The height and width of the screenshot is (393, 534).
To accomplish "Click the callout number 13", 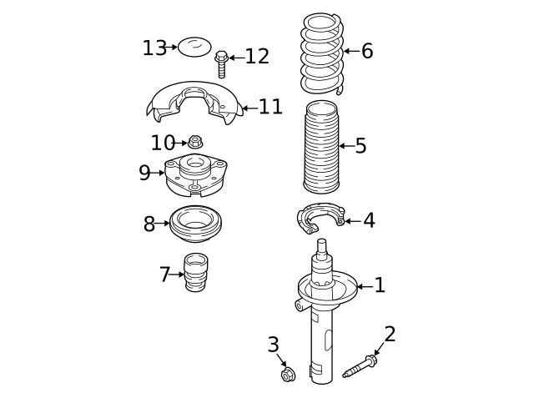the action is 154,48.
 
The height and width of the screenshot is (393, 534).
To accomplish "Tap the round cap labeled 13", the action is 194,47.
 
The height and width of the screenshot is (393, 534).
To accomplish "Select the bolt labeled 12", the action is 221,64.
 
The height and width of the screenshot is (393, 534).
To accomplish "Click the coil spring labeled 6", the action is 322,53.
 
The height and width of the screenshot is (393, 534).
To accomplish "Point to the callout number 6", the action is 367,51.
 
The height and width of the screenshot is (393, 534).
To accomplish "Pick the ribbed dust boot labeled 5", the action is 320,147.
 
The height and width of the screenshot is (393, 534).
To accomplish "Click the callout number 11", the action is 270,107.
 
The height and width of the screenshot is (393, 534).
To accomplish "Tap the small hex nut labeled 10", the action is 195,142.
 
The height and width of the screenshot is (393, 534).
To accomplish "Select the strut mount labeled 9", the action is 195,175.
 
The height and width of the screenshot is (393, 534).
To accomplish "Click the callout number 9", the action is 144,173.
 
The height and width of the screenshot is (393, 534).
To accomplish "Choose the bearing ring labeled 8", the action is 196,224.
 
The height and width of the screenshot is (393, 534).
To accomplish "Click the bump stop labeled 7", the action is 196,273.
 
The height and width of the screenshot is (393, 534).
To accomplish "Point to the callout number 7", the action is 165,275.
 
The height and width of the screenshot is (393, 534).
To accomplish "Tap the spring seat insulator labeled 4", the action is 320,218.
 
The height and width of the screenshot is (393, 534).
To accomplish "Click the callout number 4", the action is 369,220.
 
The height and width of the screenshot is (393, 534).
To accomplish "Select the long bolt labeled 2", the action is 360,366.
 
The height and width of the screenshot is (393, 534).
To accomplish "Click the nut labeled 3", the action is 288,375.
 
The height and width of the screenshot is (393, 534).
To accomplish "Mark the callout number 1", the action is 380,285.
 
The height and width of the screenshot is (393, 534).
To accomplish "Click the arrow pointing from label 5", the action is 347,146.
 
